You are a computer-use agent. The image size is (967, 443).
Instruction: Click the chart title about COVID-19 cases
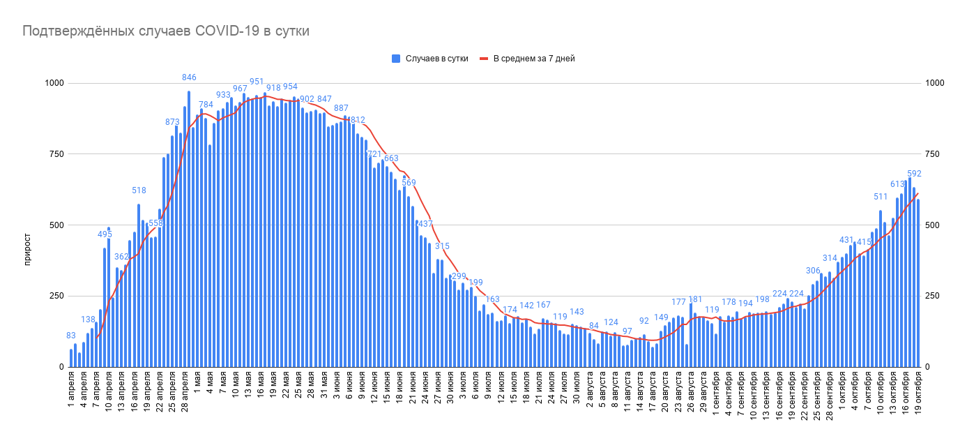(166, 31)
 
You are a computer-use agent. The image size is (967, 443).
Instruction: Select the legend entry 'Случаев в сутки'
(436, 59)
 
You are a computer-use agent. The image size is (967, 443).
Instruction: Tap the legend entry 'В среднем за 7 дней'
(533, 59)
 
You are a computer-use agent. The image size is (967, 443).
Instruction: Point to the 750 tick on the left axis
(54, 154)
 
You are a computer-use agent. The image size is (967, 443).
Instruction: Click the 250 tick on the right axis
(934, 296)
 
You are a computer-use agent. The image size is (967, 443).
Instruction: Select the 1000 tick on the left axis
(53, 83)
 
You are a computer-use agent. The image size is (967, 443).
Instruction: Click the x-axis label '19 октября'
(918, 398)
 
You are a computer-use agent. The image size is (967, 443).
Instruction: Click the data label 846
(189, 77)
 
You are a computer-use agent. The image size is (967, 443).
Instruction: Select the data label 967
(240, 89)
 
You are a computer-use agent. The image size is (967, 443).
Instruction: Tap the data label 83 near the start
(70, 336)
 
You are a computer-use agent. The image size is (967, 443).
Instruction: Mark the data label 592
(915, 174)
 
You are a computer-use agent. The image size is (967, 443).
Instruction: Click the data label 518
(139, 190)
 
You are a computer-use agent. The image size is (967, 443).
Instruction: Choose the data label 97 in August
(627, 331)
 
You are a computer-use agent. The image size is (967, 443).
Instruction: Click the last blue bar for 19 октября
(918, 283)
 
